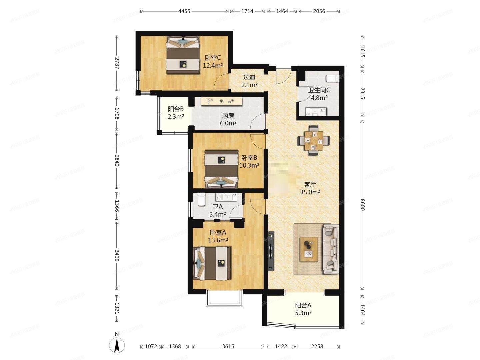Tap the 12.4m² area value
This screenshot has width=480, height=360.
click(x=213, y=66)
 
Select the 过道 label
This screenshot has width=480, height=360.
click(x=249, y=77)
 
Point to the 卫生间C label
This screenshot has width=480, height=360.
click(x=319, y=90)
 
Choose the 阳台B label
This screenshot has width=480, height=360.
click(x=176, y=109)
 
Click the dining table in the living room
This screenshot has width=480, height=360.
click(x=313, y=140)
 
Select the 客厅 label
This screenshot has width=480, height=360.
click(x=310, y=184)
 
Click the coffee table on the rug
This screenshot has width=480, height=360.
click(x=309, y=249)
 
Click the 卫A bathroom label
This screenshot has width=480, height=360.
click(x=217, y=207)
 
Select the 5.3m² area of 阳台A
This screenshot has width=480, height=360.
click(x=303, y=313)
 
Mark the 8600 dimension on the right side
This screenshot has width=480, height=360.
click(x=363, y=204)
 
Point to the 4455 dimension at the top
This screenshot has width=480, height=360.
click(x=184, y=11)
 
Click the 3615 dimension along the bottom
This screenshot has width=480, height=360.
click(x=228, y=346)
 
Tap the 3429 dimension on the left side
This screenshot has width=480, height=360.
click(x=117, y=255)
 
